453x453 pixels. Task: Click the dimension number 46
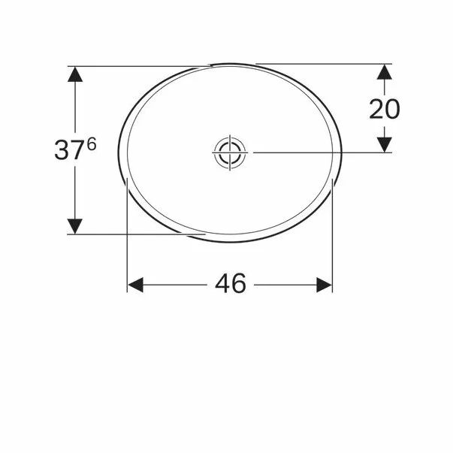[x=231, y=283]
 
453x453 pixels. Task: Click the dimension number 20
[x=384, y=109]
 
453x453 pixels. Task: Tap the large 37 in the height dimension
[x=68, y=149]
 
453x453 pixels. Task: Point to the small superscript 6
[x=92, y=144]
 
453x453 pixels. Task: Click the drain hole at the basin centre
[x=230, y=153]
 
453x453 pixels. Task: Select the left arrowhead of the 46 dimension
[x=135, y=285]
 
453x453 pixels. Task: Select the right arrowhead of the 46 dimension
[x=324, y=285]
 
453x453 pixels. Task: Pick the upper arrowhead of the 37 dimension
[x=75, y=74]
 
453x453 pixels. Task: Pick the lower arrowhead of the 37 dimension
[x=75, y=226]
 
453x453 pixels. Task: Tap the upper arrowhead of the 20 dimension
[x=384, y=72]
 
